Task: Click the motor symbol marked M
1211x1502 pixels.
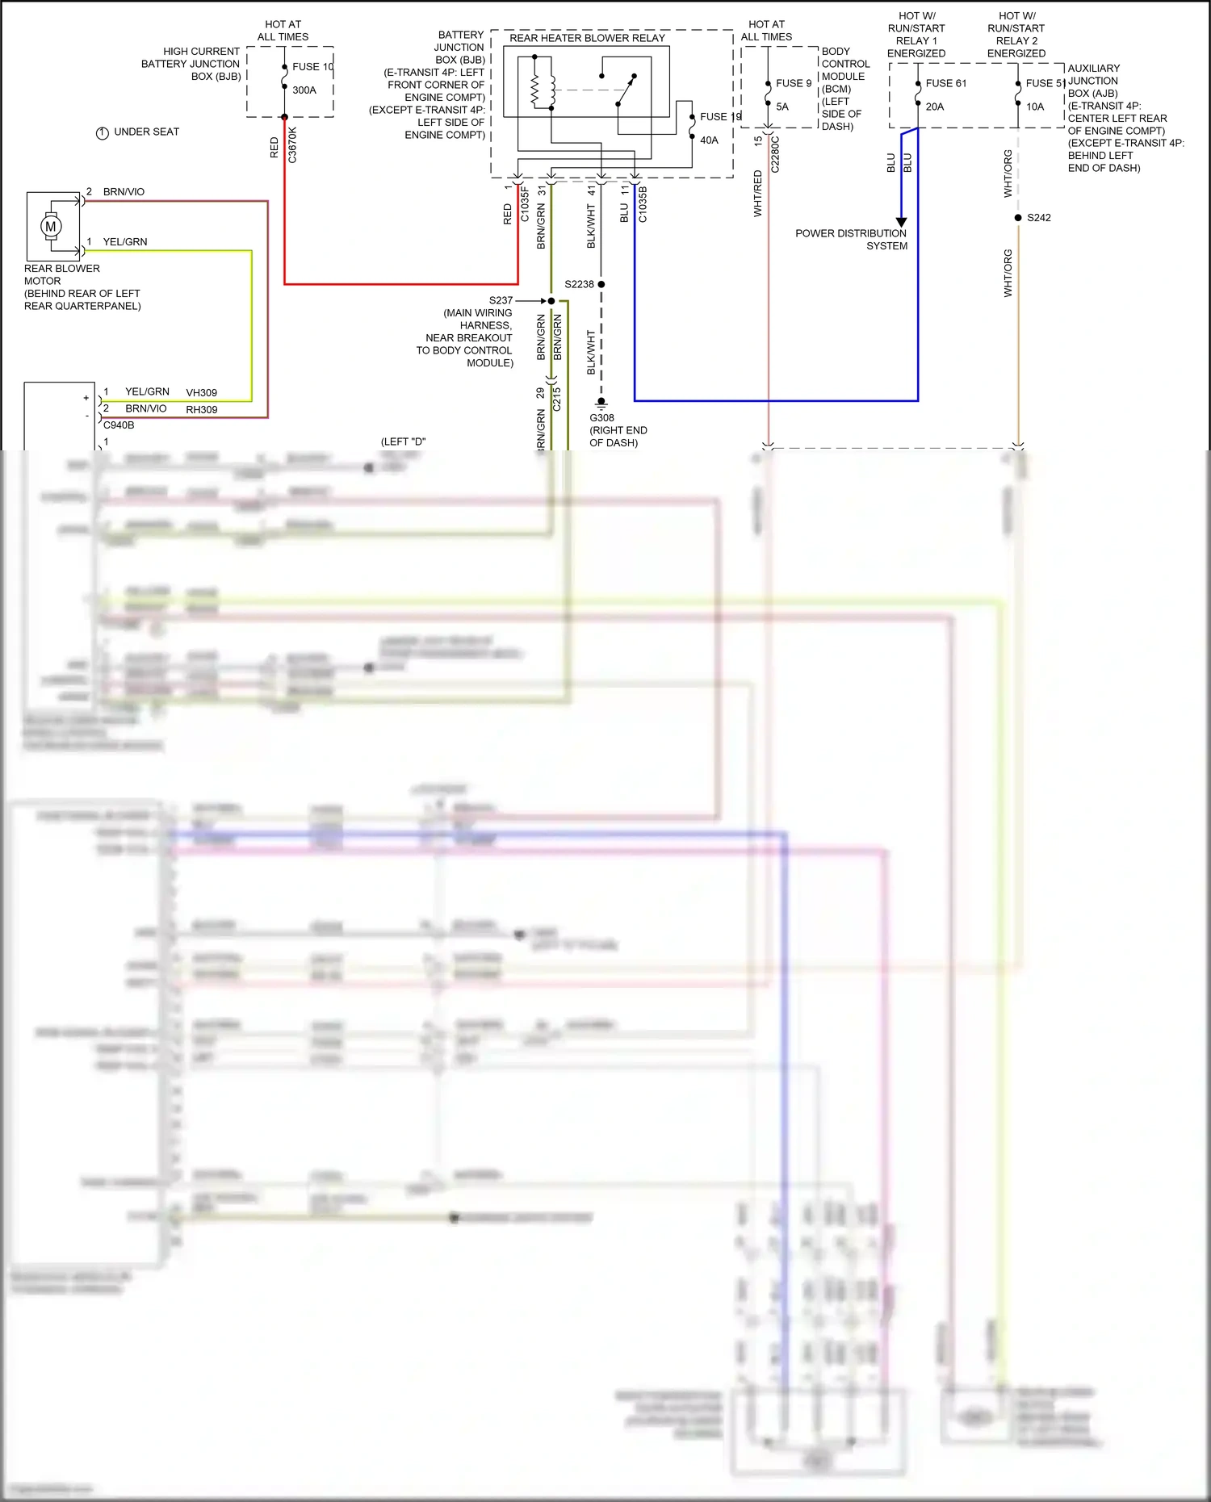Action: (51, 227)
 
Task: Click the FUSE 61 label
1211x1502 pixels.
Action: (945, 83)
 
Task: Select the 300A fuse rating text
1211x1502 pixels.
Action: (304, 90)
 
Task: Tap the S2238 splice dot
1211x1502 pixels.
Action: (601, 284)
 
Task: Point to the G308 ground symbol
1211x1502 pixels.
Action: (601, 402)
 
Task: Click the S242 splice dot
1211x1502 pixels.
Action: (1018, 218)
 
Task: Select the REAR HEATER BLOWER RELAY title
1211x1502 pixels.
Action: (587, 38)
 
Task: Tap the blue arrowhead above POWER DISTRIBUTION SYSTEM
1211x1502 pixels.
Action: (902, 222)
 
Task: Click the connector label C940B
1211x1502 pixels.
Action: (119, 425)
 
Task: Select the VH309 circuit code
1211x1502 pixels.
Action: (201, 393)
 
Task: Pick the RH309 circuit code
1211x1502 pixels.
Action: (201, 410)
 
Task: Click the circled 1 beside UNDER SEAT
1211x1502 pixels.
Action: (103, 133)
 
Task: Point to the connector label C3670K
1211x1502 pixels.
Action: (292, 145)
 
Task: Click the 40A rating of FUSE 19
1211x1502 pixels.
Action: (709, 140)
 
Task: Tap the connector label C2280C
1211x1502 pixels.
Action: (775, 154)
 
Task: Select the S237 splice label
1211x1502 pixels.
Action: (501, 300)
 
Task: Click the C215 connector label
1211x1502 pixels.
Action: (556, 400)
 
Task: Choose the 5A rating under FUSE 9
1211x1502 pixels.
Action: (782, 107)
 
